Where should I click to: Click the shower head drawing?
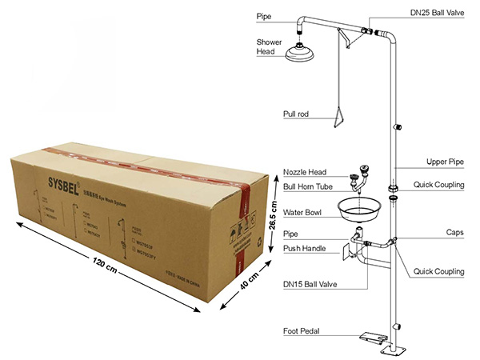click(x=301, y=51)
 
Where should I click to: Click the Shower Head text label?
click(x=269, y=46)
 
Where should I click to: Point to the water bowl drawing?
click(x=360, y=210)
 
